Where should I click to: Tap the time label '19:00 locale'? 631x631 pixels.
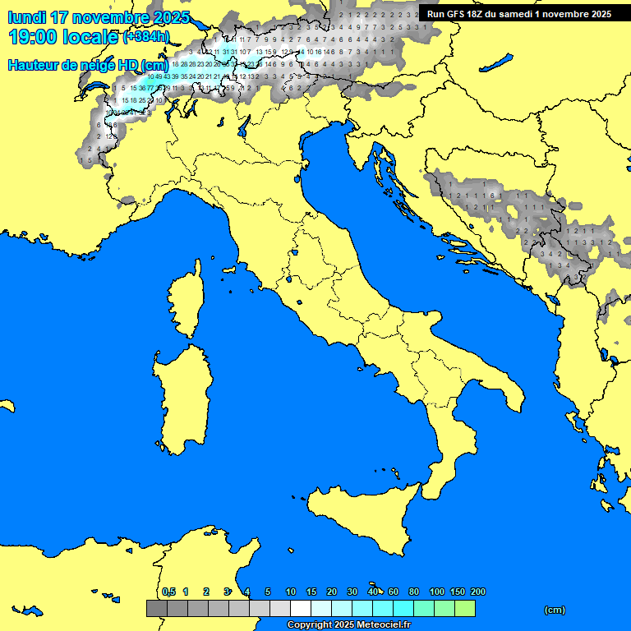point(62,37)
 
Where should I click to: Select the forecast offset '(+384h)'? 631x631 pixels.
point(145,37)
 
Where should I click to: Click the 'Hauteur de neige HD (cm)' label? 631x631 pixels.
point(88,65)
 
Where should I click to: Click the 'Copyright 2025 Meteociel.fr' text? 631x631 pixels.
point(348,625)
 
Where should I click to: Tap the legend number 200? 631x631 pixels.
point(477,592)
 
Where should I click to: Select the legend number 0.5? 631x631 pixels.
point(168,592)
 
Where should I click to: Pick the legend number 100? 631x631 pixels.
point(437,592)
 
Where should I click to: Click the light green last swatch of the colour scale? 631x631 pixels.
point(464,609)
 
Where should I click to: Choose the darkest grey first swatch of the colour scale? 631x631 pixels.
point(156,609)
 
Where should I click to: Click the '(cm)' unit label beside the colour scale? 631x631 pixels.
point(555,610)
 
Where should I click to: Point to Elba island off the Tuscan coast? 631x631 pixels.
point(229,269)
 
